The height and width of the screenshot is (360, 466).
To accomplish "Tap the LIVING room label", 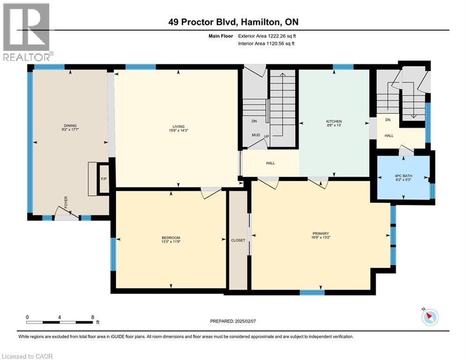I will coord(178,126).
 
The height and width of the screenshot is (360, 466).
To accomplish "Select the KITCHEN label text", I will coord(334,121).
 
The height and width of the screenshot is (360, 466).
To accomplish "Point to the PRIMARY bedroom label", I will coord(321,233).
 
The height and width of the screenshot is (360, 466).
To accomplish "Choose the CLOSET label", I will coord(238,240).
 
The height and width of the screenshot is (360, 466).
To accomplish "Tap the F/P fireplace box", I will coord(104,179).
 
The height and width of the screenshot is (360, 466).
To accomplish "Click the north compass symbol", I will coord(429,317).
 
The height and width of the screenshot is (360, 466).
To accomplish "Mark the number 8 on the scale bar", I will coord(92,317).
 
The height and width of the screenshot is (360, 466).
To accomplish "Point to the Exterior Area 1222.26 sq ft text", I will coord(267,36).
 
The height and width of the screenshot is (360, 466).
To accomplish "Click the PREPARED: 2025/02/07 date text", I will coord(234,321).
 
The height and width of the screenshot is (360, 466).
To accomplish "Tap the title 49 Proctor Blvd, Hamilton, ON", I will coord(233,22).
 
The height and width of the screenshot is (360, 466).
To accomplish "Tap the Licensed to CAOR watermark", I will coord(27,356).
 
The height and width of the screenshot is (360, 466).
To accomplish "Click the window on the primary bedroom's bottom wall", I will coord(312,293).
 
